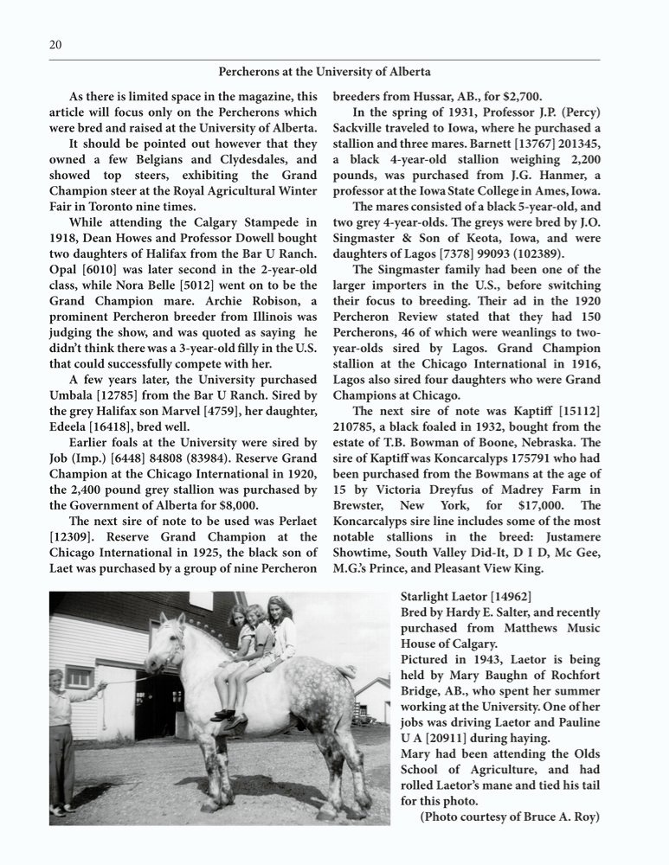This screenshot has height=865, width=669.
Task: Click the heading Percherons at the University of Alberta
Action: [324, 72]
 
